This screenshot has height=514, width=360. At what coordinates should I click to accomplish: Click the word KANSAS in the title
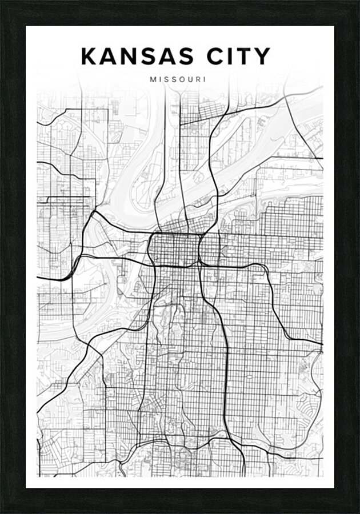click(x=133, y=57)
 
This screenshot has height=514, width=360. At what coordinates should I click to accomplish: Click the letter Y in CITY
click(x=262, y=57)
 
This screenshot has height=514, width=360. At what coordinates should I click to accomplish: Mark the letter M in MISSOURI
click(x=153, y=80)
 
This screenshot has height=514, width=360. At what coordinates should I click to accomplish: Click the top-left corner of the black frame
click(x=2, y=2)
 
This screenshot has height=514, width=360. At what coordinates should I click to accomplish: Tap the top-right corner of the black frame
click(x=358, y=2)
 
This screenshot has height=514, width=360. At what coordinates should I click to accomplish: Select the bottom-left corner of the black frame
click(x=2, y=512)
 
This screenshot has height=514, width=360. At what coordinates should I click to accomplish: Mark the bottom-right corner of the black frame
click(x=358, y=512)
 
